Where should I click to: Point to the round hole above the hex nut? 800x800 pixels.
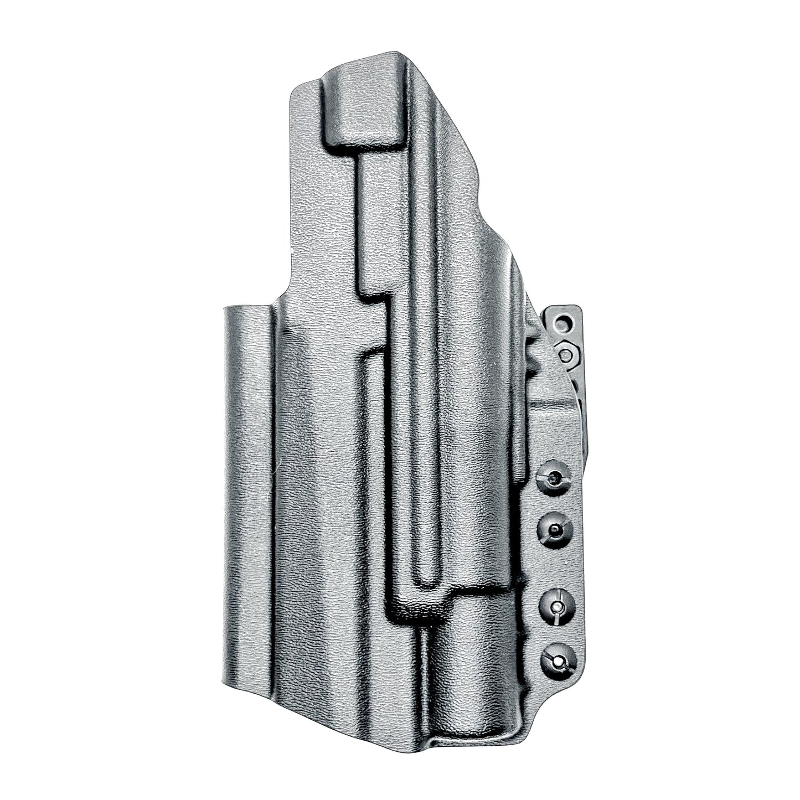564,322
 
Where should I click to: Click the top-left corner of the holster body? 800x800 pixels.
293,91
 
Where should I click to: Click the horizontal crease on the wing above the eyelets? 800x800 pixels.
554,402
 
